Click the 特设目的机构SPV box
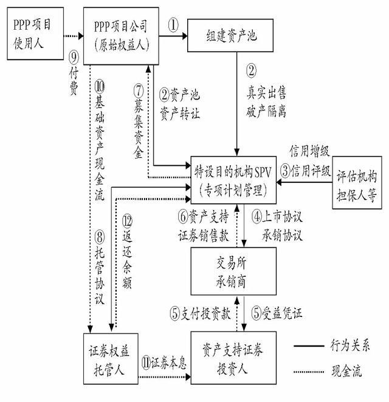click(233, 176)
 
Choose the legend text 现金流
click(347, 371)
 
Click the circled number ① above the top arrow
click(173, 25)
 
